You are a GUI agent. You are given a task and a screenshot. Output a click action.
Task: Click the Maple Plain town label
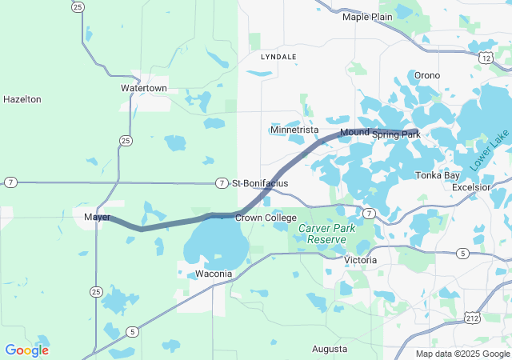pos(367,17)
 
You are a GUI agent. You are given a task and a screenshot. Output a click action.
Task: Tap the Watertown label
pos(144,87)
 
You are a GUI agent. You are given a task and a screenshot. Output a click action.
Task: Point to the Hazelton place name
pos(22,99)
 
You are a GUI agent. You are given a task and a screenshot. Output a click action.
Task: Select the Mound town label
pos(354,131)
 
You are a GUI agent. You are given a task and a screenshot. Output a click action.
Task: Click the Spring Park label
pos(396,134)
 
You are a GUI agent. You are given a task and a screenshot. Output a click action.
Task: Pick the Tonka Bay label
pos(437,175)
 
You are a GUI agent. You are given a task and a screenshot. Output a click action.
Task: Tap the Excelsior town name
pos(470,186)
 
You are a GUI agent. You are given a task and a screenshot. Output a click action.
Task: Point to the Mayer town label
pos(96,217)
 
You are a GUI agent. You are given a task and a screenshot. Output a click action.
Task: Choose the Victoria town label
pos(359,261)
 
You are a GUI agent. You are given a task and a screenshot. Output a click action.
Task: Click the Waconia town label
pos(214,274)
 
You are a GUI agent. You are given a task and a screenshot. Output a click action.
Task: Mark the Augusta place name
pos(330,350)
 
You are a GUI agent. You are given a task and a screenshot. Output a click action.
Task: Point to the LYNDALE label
pos(278,58)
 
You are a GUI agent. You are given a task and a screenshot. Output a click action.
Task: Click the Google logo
pos(26,350)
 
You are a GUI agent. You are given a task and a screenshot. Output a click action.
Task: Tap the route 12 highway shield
pos(486,58)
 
